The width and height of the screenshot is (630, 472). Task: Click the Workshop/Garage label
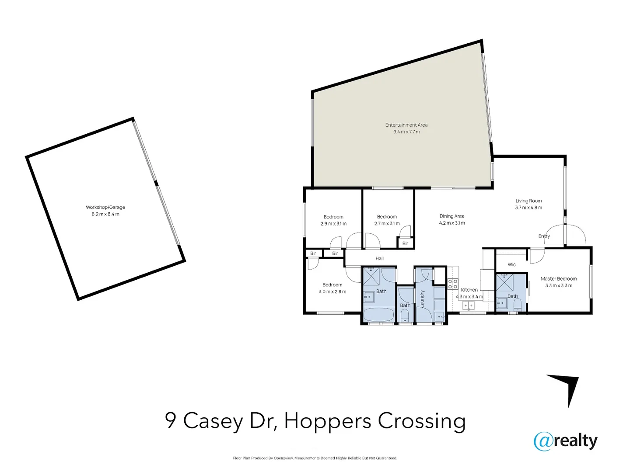click(x=105, y=207)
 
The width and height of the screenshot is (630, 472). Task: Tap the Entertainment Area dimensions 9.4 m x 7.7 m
click(x=406, y=132)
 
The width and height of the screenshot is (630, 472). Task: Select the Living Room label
click(x=528, y=201)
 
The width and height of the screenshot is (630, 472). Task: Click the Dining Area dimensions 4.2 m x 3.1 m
click(x=452, y=223)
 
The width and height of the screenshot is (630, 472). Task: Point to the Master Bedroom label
click(x=559, y=279)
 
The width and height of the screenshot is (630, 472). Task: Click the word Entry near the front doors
click(x=544, y=236)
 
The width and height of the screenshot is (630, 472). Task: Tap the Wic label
click(x=511, y=264)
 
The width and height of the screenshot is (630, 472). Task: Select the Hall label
click(x=379, y=258)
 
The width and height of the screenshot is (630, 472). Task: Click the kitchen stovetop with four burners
click(x=452, y=284)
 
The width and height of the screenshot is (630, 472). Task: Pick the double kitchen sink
click(x=468, y=305)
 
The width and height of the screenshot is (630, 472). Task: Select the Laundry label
click(x=422, y=298)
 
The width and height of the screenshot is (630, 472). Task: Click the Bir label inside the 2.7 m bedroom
click(x=405, y=243)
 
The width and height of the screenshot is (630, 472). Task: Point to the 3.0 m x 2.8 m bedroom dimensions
click(x=332, y=292)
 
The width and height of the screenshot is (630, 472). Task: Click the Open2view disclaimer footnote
click(x=315, y=458)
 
